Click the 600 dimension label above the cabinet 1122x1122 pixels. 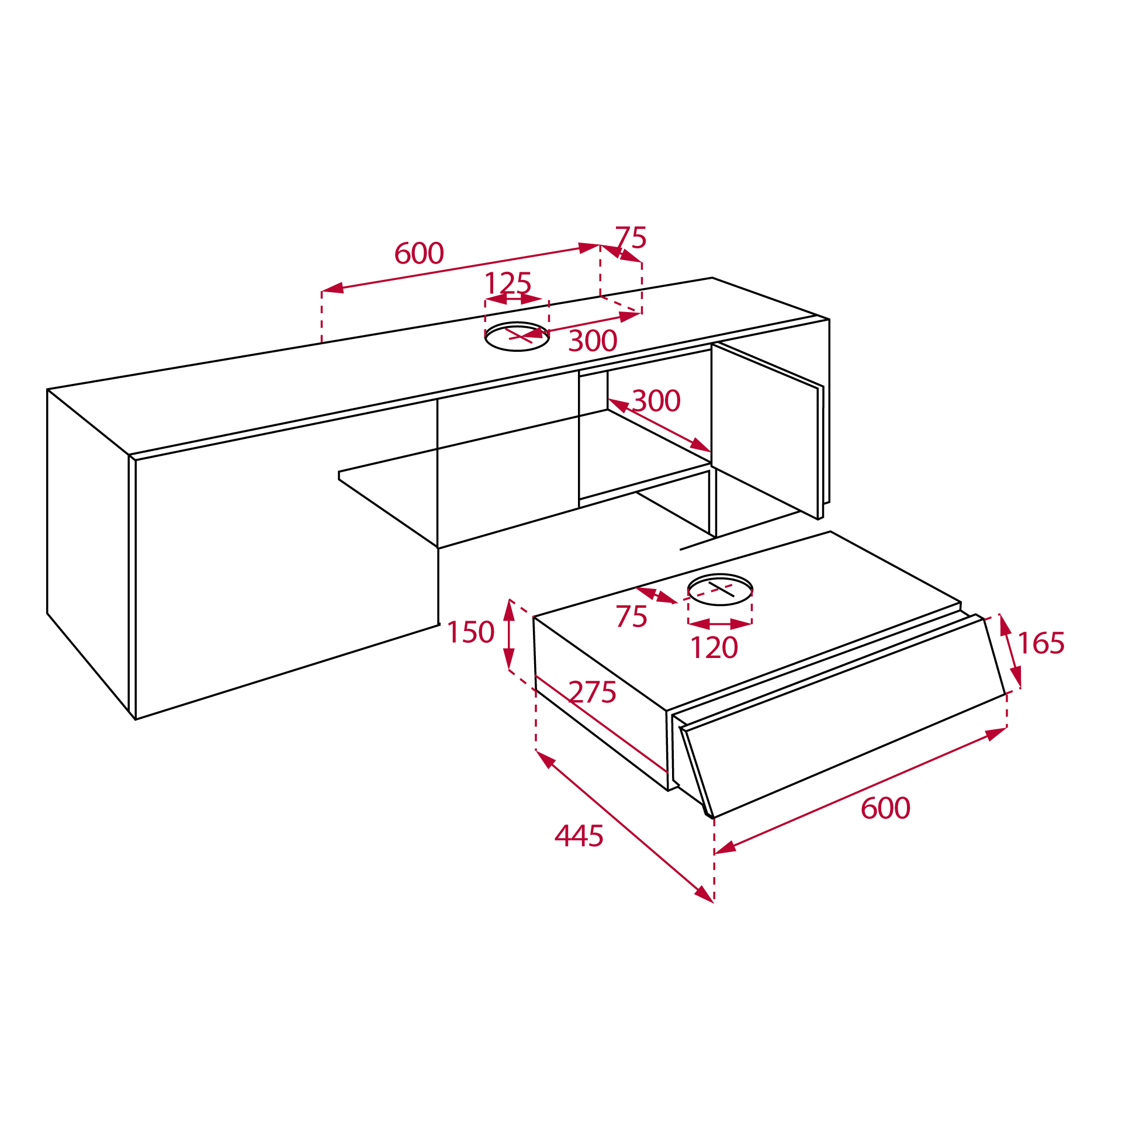click(419, 253)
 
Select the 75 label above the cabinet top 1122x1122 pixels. click(631, 238)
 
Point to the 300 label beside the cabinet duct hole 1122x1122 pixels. click(593, 341)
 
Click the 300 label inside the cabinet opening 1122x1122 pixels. click(656, 401)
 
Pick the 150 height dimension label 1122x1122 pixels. click(470, 632)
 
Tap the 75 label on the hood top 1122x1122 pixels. click(631, 617)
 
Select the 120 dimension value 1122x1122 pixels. click(714, 647)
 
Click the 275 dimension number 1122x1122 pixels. click(592, 692)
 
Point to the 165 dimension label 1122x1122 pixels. click(1041, 643)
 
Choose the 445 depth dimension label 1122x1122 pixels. click(579, 836)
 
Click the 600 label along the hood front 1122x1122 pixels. click(885, 808)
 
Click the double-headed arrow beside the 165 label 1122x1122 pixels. click(1010, 650)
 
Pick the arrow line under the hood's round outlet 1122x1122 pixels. click(720, 624)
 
